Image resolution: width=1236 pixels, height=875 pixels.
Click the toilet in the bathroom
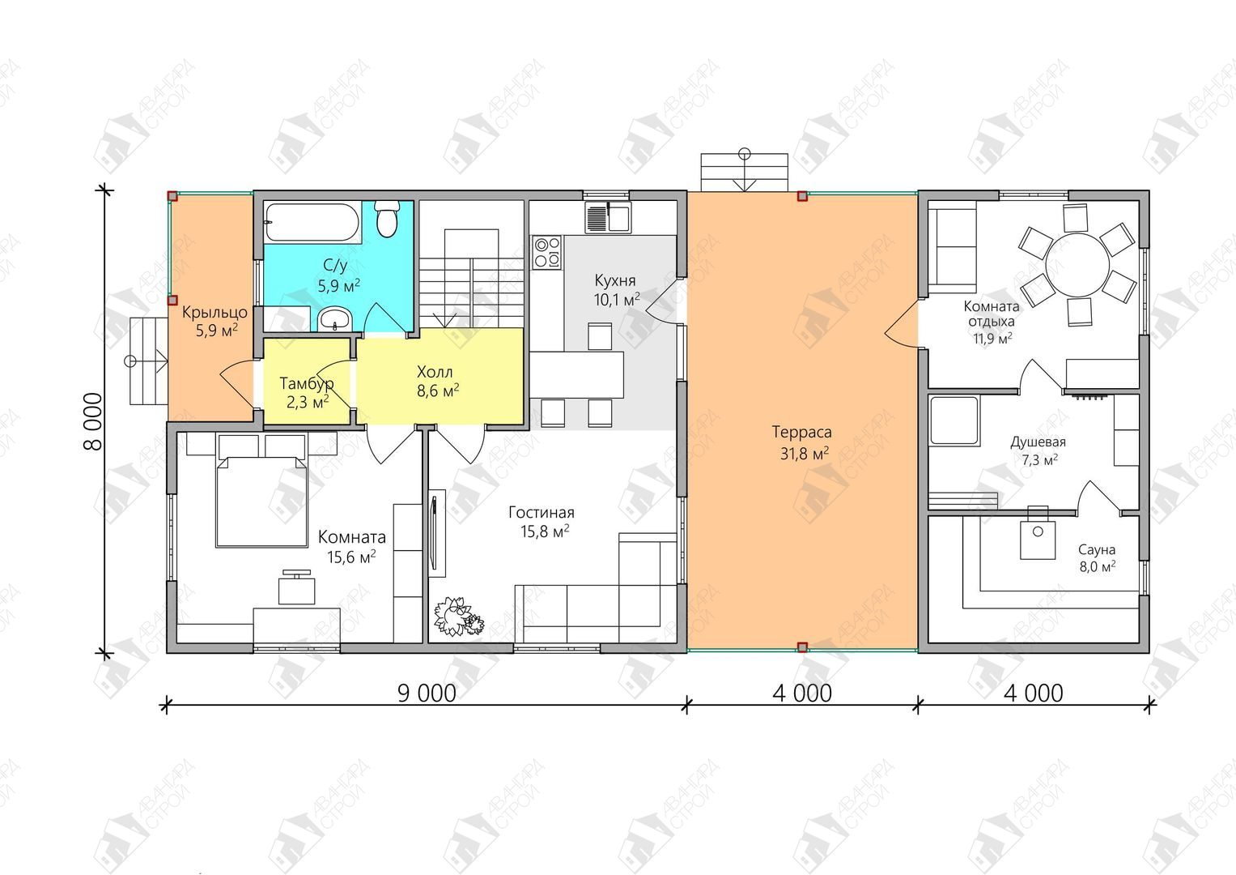[387, 220]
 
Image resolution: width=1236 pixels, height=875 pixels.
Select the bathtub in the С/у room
[312, 222]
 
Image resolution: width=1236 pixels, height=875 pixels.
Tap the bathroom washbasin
[335, 318]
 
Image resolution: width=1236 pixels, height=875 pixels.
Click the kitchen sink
[608, 217]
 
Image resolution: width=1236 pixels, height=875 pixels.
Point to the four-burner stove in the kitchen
[546, 253]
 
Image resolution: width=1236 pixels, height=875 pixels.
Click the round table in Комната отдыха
[1077, 265]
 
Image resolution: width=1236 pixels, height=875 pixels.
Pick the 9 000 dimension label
[427, 694]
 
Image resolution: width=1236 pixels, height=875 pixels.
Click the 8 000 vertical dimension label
[93, 421]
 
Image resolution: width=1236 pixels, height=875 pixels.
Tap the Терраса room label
[802, 432]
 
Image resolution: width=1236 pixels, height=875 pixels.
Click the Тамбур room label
[307, 382]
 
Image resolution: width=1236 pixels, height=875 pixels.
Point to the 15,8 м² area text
[546, 531]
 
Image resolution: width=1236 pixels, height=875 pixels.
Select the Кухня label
[615, 280]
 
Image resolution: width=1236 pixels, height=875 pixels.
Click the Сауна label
[1097, 549]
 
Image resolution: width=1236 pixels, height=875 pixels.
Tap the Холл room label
[435, 371]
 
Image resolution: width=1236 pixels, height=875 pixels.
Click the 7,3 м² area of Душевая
[1039, 459]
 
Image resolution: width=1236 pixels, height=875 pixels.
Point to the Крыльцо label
[214, 313]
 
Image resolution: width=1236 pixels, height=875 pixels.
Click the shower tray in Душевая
[954, 421]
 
